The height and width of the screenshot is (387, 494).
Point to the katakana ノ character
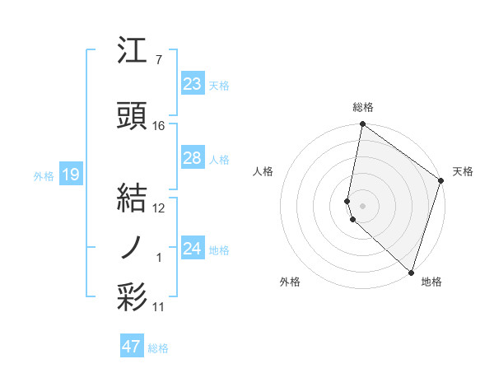(133, 246)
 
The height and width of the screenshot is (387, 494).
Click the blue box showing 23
(192, 84)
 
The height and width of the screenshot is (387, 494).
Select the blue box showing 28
(192, 158)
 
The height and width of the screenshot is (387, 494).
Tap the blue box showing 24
(192, 249)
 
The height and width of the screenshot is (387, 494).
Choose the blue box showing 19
(70, 174)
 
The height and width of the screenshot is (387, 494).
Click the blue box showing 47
(132, 347)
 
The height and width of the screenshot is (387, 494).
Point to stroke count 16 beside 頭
(159, 126)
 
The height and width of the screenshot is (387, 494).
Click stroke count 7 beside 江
(158, 60)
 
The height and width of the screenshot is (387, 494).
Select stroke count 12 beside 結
(159, 208)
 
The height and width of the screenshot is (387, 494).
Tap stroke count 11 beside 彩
(159, 307)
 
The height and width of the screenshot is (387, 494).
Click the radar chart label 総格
(362, 107)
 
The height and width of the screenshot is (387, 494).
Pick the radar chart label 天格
(463, 171)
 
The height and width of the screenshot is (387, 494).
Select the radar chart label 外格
(290, 282)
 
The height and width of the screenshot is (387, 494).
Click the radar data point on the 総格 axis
(362, 124)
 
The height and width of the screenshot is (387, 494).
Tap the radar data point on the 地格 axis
(411, 273)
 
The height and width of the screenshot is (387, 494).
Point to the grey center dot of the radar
(362, 205)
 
